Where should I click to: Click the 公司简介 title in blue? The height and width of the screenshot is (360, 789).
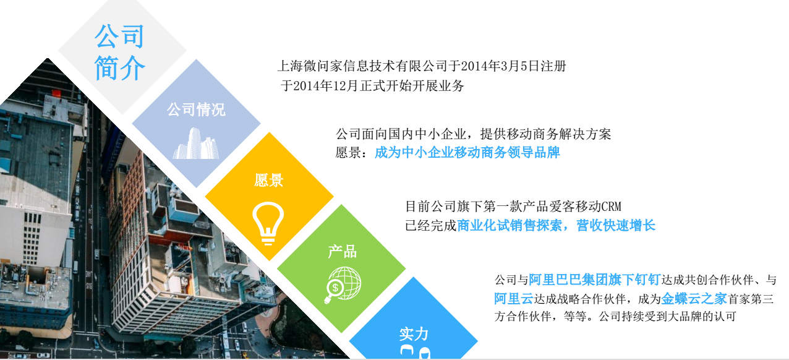tap(120, 52)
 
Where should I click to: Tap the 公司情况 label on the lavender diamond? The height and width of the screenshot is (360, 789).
tap(196, 109)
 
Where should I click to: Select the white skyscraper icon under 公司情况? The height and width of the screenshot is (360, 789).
tap(196, 143)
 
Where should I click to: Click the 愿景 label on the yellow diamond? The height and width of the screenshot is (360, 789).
tap(269, 181)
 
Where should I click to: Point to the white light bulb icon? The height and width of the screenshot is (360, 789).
tap(268, 223)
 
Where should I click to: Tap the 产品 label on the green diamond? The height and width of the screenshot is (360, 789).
tap(342, 252)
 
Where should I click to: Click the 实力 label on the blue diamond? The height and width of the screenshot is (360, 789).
tap(414, 334)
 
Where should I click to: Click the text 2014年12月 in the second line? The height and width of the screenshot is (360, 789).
tap(325, 86)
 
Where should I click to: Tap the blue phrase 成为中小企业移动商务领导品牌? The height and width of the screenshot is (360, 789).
tap(467, 153)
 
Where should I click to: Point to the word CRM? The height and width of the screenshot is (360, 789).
tap(612, 207)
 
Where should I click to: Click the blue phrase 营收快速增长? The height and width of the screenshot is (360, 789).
tap(616, 225)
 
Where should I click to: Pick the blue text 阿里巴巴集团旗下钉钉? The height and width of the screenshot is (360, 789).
tap(594, 280)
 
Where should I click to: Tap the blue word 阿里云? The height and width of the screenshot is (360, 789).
tap(514, 299)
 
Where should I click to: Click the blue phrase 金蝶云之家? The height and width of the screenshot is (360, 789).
tap(694, 299)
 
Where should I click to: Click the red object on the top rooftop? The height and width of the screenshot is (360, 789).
tap(56, 93)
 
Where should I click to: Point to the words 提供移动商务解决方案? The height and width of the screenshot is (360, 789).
tap(545, 134)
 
